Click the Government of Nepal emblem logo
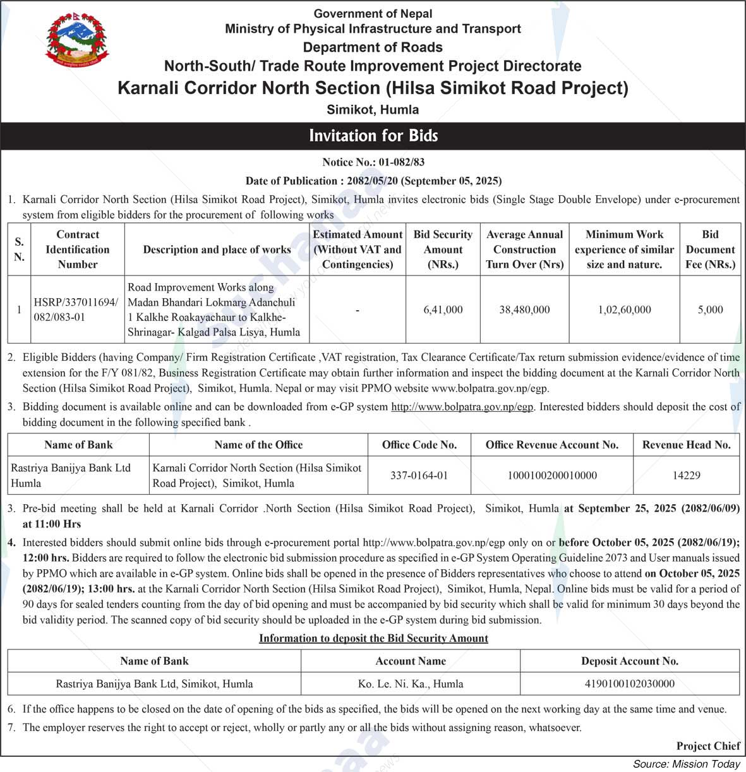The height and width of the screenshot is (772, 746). [x=77, y=41]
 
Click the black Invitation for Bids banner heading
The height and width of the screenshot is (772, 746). [x=373, y=136]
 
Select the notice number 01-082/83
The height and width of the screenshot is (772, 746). [x=373, y=162]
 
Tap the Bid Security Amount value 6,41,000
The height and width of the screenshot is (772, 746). [x=443, y=310]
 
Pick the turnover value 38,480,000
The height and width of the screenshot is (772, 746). [x=524, y=310]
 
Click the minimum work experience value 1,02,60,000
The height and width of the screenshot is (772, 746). [x=624, y=310]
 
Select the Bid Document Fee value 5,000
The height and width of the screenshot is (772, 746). [x=710, y=310]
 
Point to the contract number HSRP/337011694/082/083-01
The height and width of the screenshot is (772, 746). [x=76, y=310]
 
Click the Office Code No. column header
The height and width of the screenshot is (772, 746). [x=419, y=445]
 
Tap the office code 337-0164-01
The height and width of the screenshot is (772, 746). [x=419, y=475]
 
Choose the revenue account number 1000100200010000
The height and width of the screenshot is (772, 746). [x=552, y=475]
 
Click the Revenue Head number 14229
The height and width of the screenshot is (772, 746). [x=686, y=475]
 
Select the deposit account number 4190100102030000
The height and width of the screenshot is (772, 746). [x=629, y=684]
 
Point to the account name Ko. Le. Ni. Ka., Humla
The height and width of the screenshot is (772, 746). [x=411, y=684]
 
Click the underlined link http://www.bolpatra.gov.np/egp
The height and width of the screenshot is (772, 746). [x=462, y=407]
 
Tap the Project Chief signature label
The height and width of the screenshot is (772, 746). [x=707, y=746]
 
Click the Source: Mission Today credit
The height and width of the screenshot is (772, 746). [x=686, y=764]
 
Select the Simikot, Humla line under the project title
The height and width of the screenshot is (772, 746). [x=373, y=109]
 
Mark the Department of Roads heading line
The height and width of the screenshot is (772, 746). [x=373, y=47]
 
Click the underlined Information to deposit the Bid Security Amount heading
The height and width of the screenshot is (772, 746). [x=373, y=638]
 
